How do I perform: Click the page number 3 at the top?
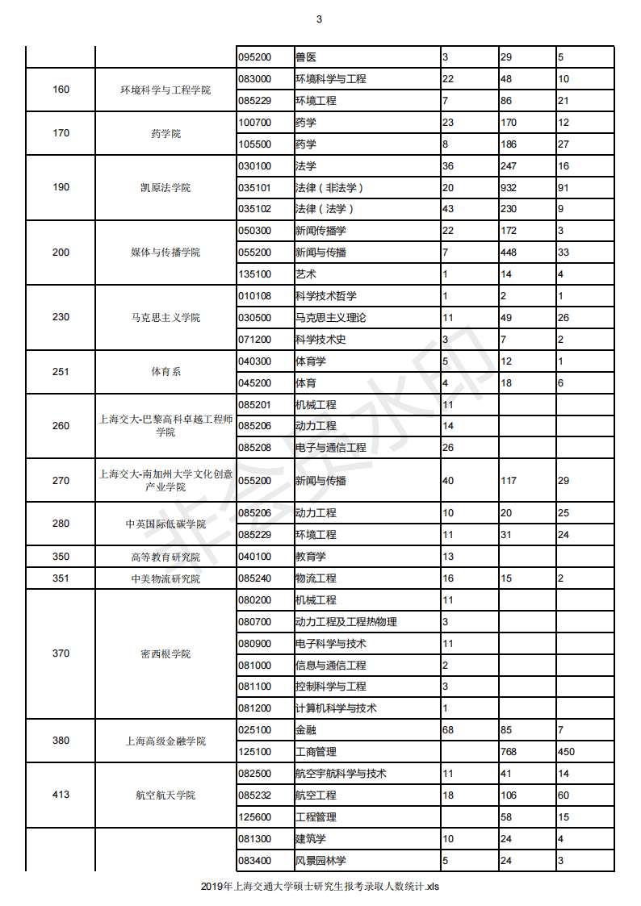(x=320, y=19)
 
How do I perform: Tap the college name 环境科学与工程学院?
(x=165, y=90)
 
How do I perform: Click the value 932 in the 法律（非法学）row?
(x=509, y=188)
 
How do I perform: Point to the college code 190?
(x=61, y=187)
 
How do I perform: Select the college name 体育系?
(x=165, y=372)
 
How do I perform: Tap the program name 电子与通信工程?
(x=330, y=448)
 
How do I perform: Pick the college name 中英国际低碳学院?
(x=165, y=524)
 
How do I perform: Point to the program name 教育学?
(x=311, y=557)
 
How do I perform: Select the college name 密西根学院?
(x=165, y=654)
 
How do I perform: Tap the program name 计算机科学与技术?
(x=336, y=708)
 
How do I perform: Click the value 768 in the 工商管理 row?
(x=509, y=752)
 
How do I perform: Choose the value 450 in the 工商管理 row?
(x=567, y=752)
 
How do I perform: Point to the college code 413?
(x=61, y=795)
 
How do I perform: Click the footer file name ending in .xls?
(x=320, y=887)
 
